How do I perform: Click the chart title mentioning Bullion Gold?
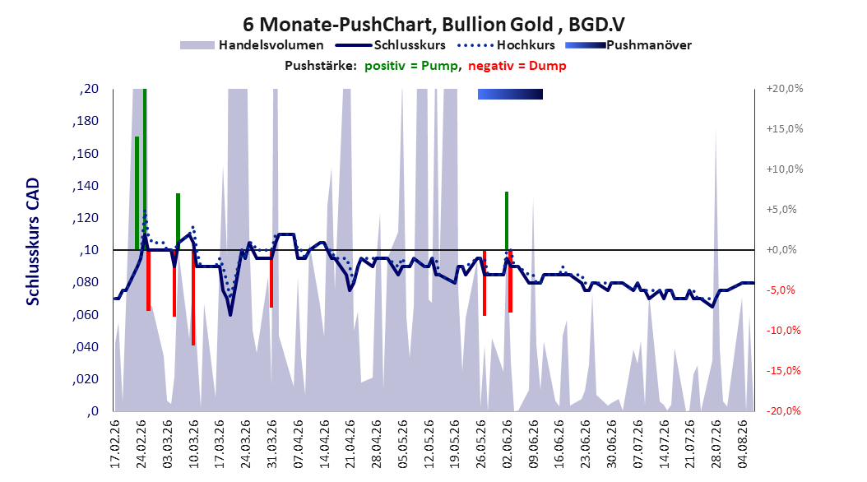point(433,25)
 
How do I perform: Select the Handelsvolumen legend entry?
point(252,45)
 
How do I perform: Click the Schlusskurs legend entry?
point(391,45)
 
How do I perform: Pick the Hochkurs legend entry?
point(507,45)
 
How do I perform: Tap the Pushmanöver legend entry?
point(628,45)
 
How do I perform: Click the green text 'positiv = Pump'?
point(411,66)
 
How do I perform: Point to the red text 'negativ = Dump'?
point(517,66)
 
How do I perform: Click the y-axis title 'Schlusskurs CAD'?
point(33,242)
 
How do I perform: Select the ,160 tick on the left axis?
point(86,154)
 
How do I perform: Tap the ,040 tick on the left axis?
point(86,347)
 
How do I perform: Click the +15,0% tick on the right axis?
point(785,129)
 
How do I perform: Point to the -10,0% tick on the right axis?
point(783,331)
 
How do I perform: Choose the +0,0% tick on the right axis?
point(781,250)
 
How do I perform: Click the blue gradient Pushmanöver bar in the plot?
point(510,94)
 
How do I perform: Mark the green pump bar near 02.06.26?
point(507,221)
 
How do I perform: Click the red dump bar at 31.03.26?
point(271,279)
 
